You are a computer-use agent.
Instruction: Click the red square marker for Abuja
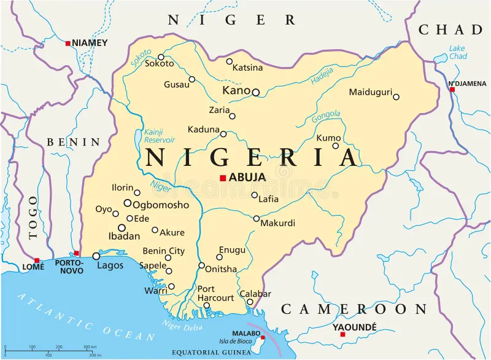(223, 178)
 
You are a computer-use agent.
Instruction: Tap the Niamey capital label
(90, 43)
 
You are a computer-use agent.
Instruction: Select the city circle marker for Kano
(256, 93)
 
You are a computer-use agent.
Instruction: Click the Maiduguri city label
(370, 92)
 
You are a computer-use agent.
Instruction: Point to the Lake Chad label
(457, 52)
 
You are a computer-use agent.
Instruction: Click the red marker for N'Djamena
(452, 89)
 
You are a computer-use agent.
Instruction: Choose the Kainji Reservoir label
(160, 136)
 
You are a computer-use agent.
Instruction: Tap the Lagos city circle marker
(96, 256)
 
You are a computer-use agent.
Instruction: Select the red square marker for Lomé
(37, 260)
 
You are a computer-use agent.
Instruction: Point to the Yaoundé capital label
(354, 327)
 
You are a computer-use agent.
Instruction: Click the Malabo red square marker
(263, 337)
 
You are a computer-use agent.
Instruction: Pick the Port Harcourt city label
(215, 293)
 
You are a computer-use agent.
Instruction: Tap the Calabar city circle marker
(250, 302)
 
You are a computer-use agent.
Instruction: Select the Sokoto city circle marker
(161, 57)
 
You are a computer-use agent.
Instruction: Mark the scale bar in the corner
(52, 351)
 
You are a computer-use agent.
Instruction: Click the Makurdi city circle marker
(257, 218)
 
